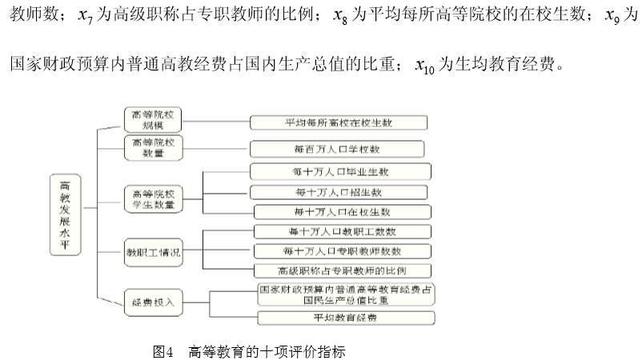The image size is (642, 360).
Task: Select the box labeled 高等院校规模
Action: click(153, 119)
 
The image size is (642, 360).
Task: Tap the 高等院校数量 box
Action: click(153, 147)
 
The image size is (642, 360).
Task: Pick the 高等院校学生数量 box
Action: click(153, 199)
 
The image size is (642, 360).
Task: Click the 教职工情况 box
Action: click(153, 252)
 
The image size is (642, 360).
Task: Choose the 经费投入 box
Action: click(153, 302)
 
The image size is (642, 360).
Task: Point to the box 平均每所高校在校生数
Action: click(339, 122)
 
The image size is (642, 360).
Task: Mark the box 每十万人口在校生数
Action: click(343, 212)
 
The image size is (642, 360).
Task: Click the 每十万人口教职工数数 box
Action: click(343, 232)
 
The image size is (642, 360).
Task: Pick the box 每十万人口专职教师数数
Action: click(343, 251)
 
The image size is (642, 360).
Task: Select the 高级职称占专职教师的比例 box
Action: click(343, 271)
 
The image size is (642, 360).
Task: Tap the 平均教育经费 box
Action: click(347, 318)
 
